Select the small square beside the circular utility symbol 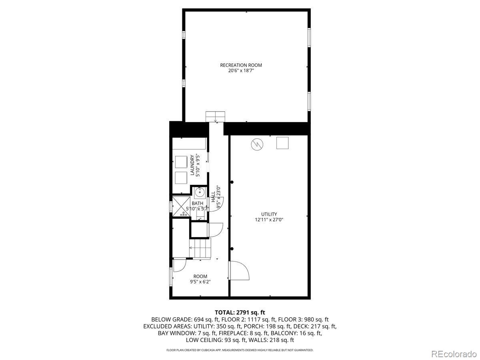(x=282, y=143)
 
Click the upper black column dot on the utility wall (x=232, y=182)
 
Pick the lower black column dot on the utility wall (x=232, y=248)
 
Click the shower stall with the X (x=180, y=206)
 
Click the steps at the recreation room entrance (x=216, y=116)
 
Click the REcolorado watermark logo (x=454, y=354)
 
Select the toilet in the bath (x=201, y=216)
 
